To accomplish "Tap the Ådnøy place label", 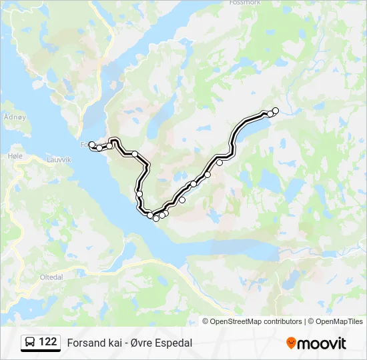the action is click(x=14, y=117).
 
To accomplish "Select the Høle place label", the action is click(x=15, y=155).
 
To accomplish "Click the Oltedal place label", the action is click(x=51, y=277).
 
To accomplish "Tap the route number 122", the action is click(x=48, y=342).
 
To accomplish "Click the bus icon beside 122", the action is click(x=30, y=343).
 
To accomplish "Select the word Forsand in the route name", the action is click(x=85, y=343).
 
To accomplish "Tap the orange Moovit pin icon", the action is click(x=291, y=343).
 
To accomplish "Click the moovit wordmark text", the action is click(x=322, y=343).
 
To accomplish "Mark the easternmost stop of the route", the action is click(x=275, y=111).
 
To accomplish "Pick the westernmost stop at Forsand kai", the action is click(x=92, y=144).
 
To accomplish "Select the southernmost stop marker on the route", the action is click(x=156, y=218).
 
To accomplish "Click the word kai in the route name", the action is click(x=113, y=343).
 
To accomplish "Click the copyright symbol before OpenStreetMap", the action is click(x=206, y=321).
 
